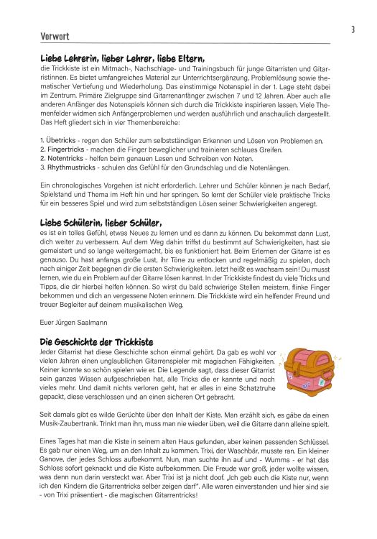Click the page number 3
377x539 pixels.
pos(353,29)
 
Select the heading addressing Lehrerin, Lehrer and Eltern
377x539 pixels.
pos(123,59)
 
